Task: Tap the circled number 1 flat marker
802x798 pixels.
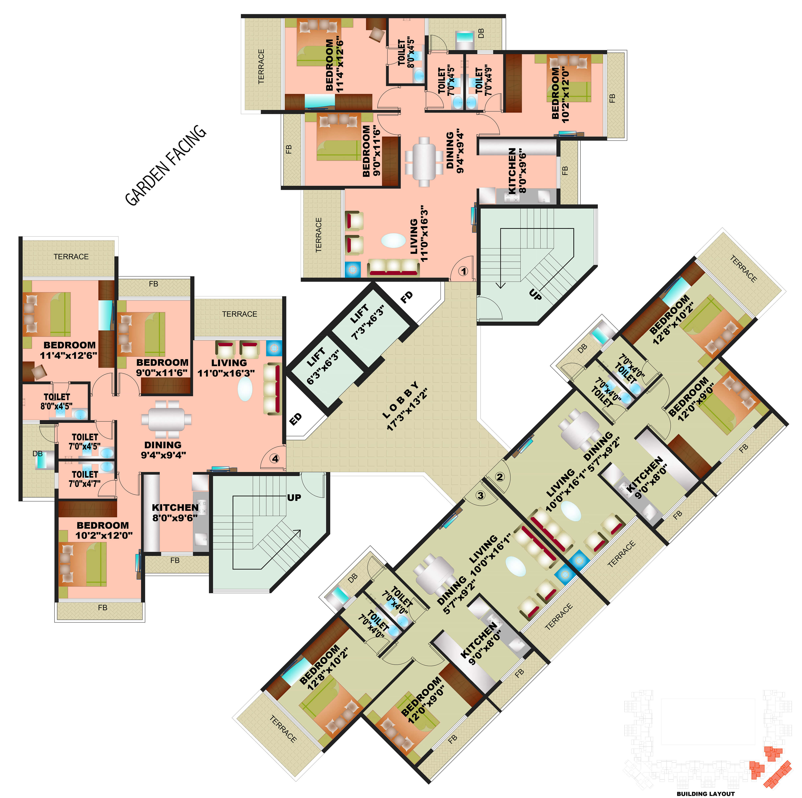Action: coord(463,271)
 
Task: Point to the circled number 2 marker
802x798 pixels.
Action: coord(500,477)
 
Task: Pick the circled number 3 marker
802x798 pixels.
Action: coord(480,495)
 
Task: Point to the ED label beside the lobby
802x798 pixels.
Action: coord(295,419)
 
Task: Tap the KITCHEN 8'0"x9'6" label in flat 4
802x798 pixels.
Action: coord(175,512)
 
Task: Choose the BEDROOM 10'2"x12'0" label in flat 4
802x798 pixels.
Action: coord(103,530)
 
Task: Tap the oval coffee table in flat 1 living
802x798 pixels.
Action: coord(393,240)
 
